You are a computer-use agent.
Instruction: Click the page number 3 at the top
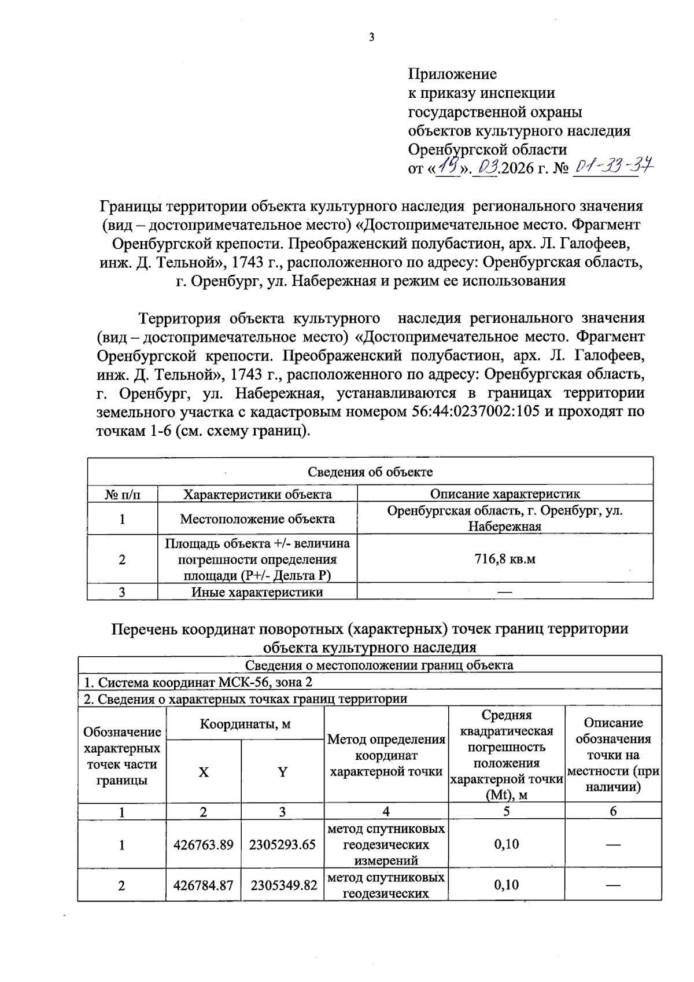click(371, 38)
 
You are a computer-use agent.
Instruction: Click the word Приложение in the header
click(452, 74)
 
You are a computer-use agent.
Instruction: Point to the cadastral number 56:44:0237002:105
click(475, 411)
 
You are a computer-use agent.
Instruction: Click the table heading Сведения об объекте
click(370, 472)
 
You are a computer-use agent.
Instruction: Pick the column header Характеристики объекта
click(257, 494)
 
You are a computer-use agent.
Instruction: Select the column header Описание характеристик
click(504, 494)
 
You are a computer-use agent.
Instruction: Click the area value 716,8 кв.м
click(504, 559)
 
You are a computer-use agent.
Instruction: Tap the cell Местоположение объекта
click(257, 518)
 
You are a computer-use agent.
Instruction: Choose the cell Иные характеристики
click(257, 592)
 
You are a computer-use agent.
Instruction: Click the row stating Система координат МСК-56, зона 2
click(198, 682)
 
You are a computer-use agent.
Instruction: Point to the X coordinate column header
click(204, 772)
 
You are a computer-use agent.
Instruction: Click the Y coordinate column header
click(282, 772)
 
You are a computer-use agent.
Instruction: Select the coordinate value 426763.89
click(204, 845)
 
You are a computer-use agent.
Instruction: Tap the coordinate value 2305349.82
click(283, 885)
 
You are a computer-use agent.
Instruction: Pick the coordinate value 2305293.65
click(282, 845)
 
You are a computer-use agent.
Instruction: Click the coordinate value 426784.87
click(204, 885)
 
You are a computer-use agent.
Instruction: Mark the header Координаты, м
click(245, 724)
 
